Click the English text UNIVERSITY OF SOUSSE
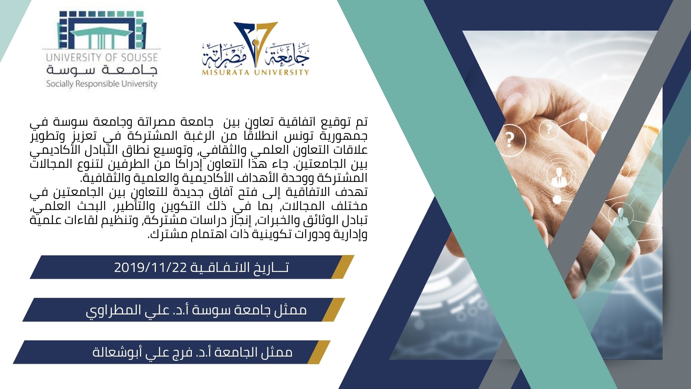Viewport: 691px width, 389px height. [x=102, y=57]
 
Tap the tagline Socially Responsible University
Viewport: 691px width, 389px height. [x=102, y=84]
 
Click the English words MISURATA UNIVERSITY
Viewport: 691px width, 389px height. [x=255, y=72]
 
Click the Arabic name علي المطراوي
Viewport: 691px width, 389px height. [x=124, y=310]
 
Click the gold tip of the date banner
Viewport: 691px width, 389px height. [x=343, y=267]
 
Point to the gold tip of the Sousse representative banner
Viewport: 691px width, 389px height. [x=334, y=309]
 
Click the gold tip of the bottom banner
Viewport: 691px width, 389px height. [x=319, y=352]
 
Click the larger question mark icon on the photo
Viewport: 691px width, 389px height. [x=509, y=139]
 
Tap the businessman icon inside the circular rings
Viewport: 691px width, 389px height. [x=558, y=178]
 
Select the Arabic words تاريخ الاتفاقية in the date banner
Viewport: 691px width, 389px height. [x=239, y=268]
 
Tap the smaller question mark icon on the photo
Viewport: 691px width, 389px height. [x=548, y=129]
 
